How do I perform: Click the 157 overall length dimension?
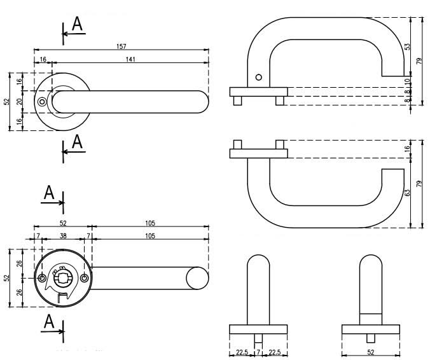pyautogui.click(x=121, y=45)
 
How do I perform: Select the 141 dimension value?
pyautogui.click(x=130, y=59)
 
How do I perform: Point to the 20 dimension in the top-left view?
pyautogui.click(x=20, y=102)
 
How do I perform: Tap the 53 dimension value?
pyautogui.click(x=407, y=47)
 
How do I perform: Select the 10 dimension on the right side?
pyautogui.click(x=407, y=81)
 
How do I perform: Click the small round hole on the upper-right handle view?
pyautogui.click(x=258, y=78)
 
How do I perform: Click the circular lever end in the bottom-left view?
pyautogui.click(x=197, y=278)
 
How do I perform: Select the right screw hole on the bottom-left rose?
pyautogui.click(x=84, y=278)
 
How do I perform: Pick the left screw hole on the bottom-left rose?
pyautogui.click(x=42, y=278)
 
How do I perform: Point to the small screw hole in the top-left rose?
pyautogui.click(x=42, y=102)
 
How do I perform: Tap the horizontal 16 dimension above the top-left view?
pyautogui.click(x=43, y=59)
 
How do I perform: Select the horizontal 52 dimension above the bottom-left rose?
pyautogui.click(x=63, y=223)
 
